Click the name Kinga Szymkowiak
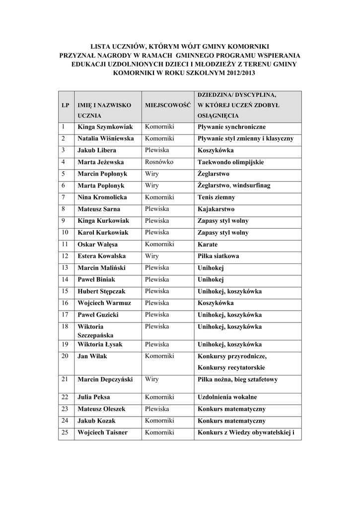click(x=105, y=127)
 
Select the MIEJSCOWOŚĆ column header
click(x=168, y=106)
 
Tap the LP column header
click(x=66, y=106)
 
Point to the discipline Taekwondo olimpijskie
click(x=230, y=162)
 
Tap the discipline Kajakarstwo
click(x=216, y=209)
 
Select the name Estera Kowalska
click(x=102, y=256)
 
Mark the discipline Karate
click(x=208, y=245)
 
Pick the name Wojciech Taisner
click(x=102, y=433)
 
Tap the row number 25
click(x=66, y=432)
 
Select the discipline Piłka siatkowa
click(x=218, y=256)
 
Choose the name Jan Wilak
click(x=92, y=356)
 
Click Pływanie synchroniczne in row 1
click(x=232, y=127)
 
